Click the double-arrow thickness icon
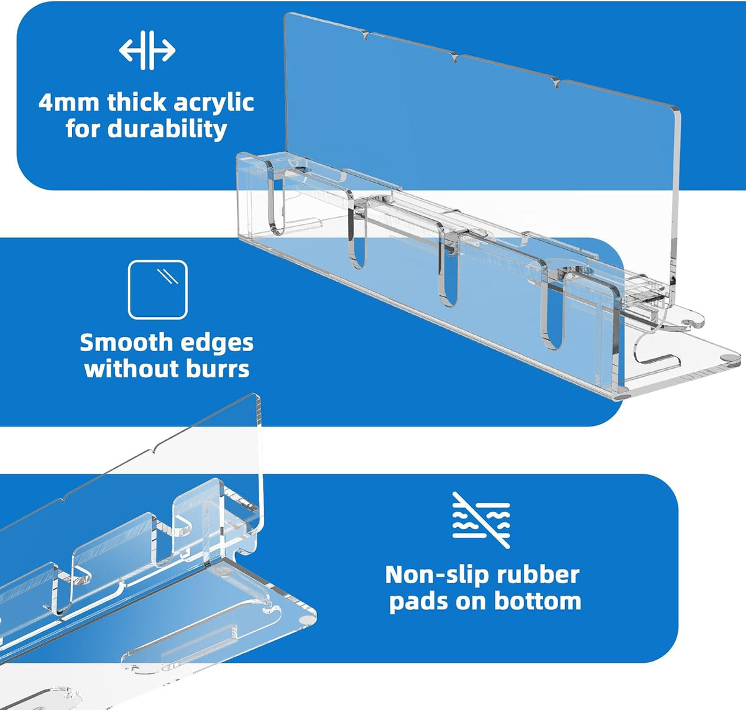[147, 50]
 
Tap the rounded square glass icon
[158, 290]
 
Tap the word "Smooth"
[126, 343]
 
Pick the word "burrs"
[218, 368]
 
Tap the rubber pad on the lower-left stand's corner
[305, 619]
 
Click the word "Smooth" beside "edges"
[126, 343]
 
